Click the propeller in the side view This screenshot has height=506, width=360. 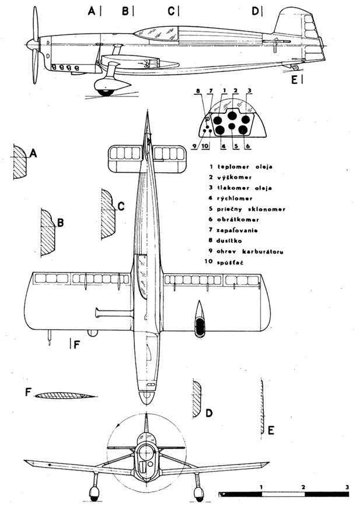point(35,45)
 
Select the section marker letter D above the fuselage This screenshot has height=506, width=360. point(255,11)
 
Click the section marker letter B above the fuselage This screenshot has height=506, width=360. point(125,11)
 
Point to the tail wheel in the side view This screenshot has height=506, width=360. point(295,67)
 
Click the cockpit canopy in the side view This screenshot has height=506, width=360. point(157,35)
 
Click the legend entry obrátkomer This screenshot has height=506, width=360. point(238,219)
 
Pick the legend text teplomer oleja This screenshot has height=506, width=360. point(245,166)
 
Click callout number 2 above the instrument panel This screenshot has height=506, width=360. point(235,90)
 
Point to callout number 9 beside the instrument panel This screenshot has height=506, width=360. point(194,146)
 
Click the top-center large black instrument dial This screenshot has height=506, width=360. point(232,115)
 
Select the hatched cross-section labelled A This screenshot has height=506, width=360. point(20,162)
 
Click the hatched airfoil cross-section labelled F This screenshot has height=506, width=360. point(65,395)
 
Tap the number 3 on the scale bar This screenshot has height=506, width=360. point(347,486)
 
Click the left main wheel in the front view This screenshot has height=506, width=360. point(94,492)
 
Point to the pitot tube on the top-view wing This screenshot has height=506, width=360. point(49,338)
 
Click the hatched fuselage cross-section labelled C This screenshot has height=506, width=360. point(108,214)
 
